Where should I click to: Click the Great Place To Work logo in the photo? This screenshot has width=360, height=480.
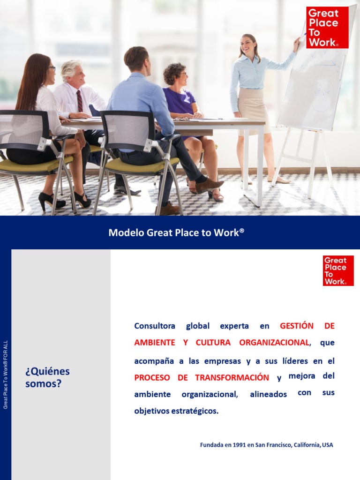(x=327, y=27)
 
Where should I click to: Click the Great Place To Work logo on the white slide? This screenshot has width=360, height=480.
(x=338, y=270)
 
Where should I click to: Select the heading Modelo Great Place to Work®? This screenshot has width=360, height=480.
(x=177, y=232)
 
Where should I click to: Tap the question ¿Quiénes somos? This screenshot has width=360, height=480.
(x=47, y=377)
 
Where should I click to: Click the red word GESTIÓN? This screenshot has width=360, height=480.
(x=297, y=325)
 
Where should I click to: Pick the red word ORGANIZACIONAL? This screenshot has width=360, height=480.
(x=274, y=342)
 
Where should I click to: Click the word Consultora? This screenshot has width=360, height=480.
(x=154, y=325)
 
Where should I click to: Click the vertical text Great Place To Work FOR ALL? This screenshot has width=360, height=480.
(x=6, y=375)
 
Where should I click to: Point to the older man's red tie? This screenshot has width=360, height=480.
(x=80, y=101)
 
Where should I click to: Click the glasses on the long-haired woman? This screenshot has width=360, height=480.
(x=51, y=69)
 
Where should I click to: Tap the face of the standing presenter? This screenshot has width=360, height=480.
(x=248, y=46)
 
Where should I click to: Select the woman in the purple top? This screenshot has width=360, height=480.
(x=180, y=101)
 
